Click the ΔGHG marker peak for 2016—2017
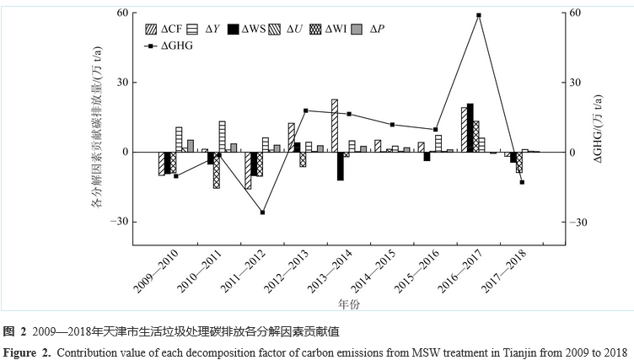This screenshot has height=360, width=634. (479, 15)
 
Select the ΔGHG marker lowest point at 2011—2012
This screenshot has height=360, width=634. (262, 212)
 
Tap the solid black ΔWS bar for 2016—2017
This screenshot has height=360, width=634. (470, 127)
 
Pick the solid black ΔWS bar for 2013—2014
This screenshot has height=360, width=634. (341, 166)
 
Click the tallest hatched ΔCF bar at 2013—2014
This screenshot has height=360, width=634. (334, 126)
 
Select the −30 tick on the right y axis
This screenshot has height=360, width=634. (574, 222)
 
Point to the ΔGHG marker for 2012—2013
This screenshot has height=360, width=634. (305, 110)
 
